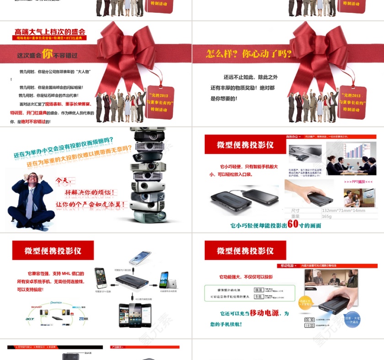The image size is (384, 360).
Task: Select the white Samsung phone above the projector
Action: tap(140, 258)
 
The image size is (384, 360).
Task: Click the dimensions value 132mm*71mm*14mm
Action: tap(343, 211)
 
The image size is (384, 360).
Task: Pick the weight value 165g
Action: tap(326, 216)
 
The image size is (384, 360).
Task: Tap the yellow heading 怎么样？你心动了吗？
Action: tap(249, 53)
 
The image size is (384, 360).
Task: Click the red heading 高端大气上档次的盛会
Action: tap(50, 32)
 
